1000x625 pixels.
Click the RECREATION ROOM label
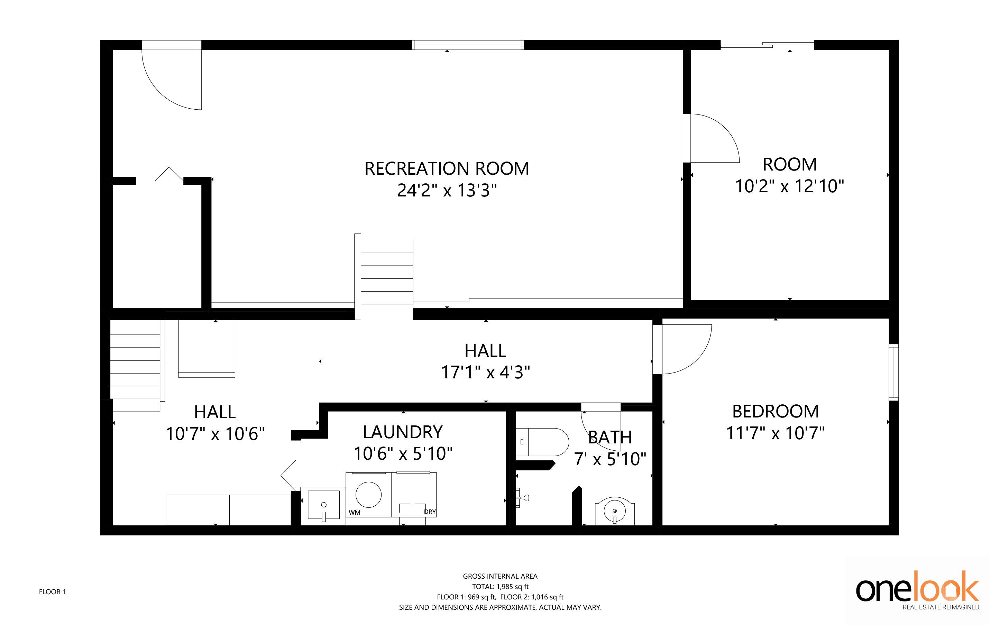[447, 169]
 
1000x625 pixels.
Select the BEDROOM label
[776, 411]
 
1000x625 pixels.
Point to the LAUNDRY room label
[403, 432]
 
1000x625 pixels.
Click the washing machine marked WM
[368, 495]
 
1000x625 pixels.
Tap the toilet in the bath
[542, 442]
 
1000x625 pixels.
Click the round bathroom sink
[615, 511]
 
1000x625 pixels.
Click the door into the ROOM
[711, 138]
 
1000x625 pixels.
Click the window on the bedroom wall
[894, 373]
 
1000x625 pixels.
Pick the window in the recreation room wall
[468, 45]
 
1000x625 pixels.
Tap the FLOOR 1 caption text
[53, 592]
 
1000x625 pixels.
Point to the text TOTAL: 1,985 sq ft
[500, 587]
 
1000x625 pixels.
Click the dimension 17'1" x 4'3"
[486, 373]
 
